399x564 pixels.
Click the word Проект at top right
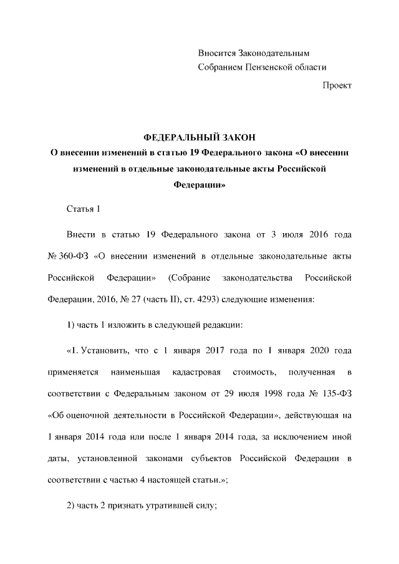point(337,85)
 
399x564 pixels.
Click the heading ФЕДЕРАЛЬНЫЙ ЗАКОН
point(199,137)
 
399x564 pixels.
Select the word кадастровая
point(196,372)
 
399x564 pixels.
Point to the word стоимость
point(254,372)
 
